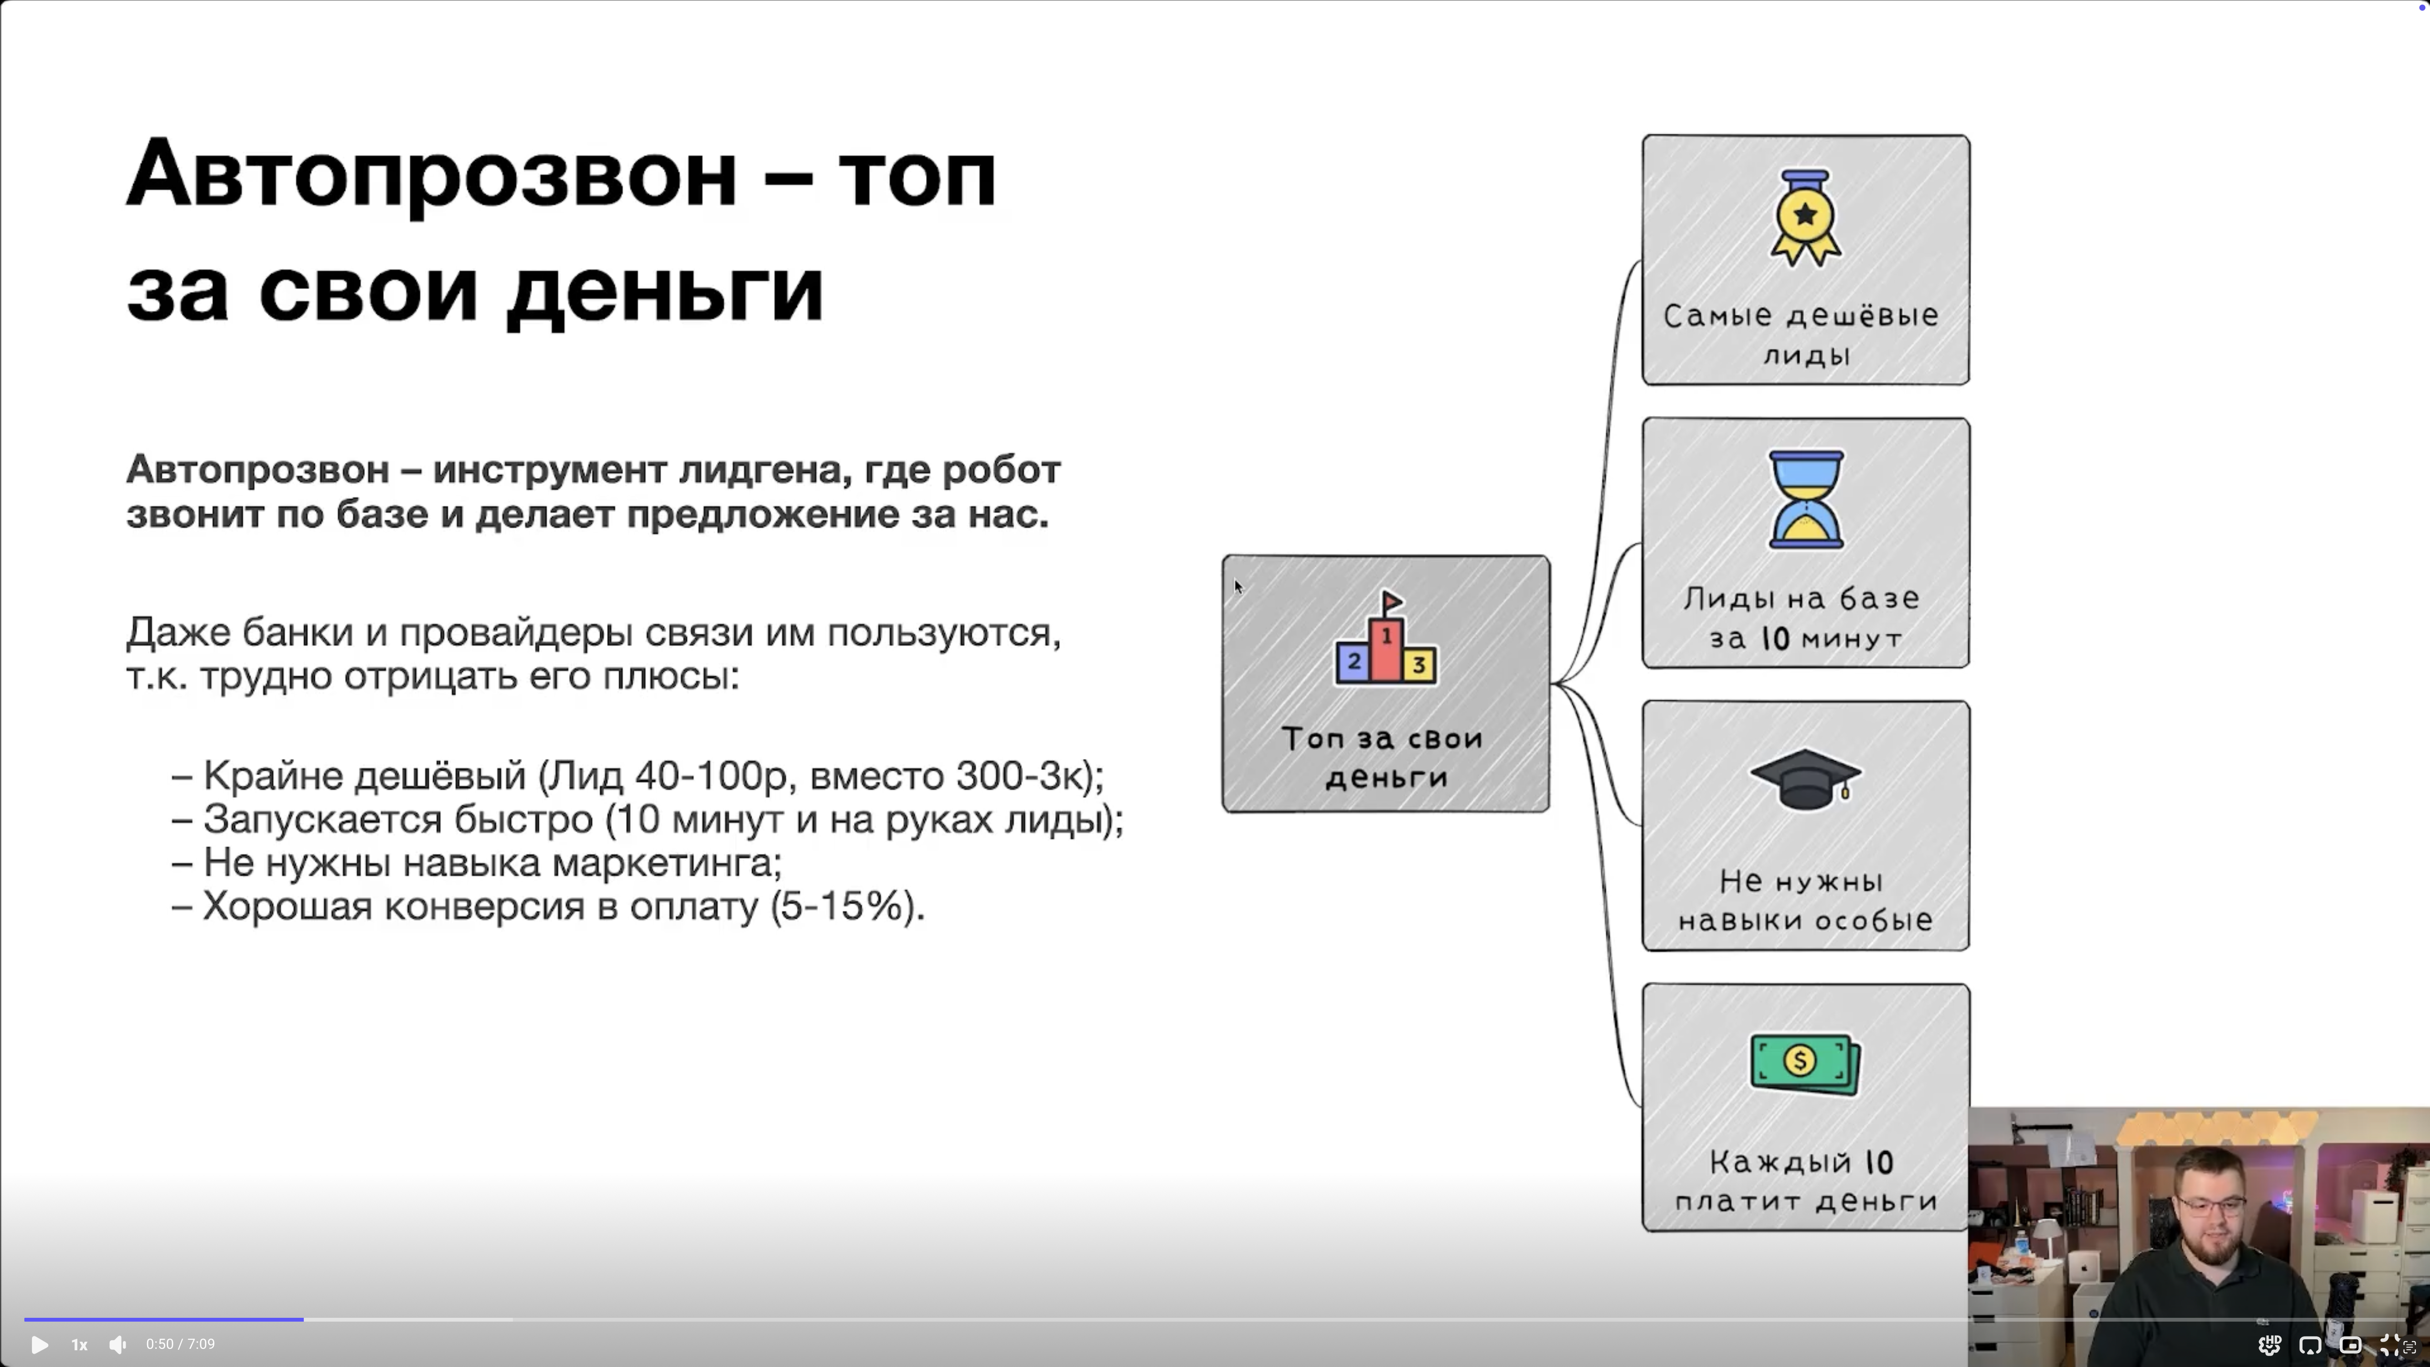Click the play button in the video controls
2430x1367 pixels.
[40, 1345]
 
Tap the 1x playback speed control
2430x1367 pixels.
[79, 1345]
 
